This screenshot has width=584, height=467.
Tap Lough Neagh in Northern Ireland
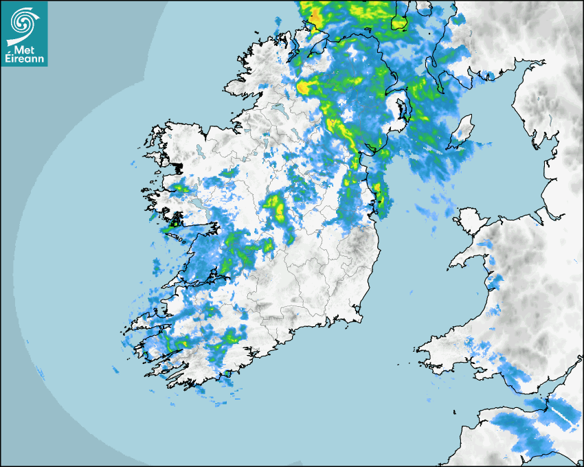click(397, 110)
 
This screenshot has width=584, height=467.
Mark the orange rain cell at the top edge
click(315, 16)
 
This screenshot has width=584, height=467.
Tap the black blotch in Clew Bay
click(177, 167)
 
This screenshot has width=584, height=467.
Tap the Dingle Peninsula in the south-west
click(141, 319)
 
